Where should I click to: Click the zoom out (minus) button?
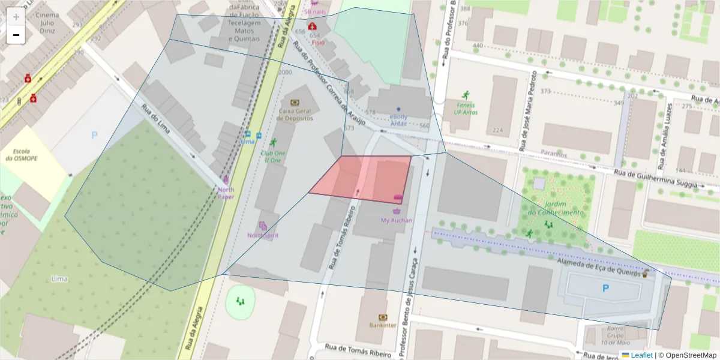pos(16,35)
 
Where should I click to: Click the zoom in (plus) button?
pos(16,17)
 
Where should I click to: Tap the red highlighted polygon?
pos(366,178)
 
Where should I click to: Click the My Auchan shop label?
pos(397,220)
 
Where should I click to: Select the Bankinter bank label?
pos(383,325)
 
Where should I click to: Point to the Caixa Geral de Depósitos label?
pos(296,115)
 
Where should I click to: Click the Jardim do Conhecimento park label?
pos(555,208)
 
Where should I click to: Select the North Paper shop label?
pos(226,193)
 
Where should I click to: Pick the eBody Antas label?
pos(398,120)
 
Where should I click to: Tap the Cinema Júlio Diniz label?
pos(47,20)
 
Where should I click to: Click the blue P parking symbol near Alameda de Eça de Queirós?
pos(605,289)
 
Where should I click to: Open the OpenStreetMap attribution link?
pos(687,355)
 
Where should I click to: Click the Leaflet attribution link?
pos(641,355)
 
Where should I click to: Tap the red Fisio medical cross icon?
pos(313,26)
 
